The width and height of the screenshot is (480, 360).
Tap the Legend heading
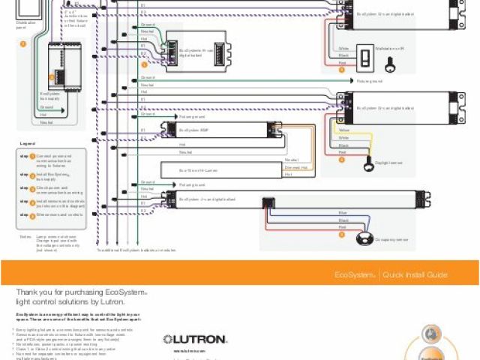point(28,142)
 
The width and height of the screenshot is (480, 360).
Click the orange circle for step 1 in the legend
point(33,157)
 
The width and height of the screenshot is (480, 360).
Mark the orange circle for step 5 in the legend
point(33,215)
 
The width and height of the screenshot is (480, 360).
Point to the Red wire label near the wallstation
point(342,63)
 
